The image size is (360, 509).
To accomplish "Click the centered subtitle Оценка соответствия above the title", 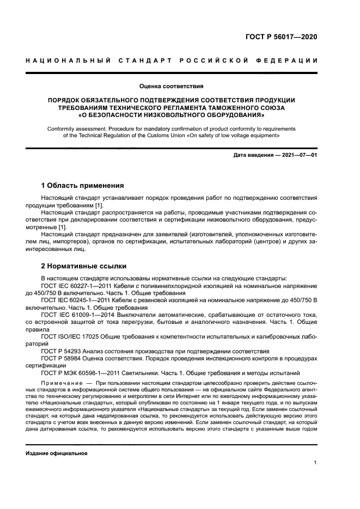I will [x=171, y=86].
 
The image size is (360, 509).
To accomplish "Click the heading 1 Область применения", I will [x=83, y=186].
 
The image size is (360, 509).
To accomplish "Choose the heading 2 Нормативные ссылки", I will [x=84, y=266].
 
